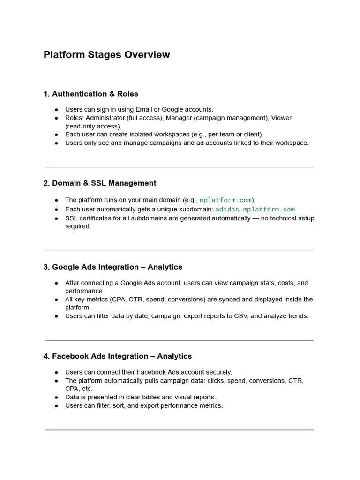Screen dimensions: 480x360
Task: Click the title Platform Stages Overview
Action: pos(106,55)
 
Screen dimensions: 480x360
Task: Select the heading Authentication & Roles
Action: pos(90,94)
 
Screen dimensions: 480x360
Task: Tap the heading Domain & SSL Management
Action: pos(100,183)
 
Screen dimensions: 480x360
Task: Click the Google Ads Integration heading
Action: pos(112,267)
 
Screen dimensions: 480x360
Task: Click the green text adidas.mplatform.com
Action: pos(255,210)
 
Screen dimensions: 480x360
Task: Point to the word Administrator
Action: pos(105,118)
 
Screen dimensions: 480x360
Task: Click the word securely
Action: pos(218,372)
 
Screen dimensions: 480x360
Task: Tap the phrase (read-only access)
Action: pos(93,126)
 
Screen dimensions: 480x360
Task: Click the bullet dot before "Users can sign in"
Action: pos(56,110)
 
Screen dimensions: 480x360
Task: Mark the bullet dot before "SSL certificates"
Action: pos(56,218)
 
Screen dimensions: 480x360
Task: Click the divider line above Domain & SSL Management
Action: pos(180,168)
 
